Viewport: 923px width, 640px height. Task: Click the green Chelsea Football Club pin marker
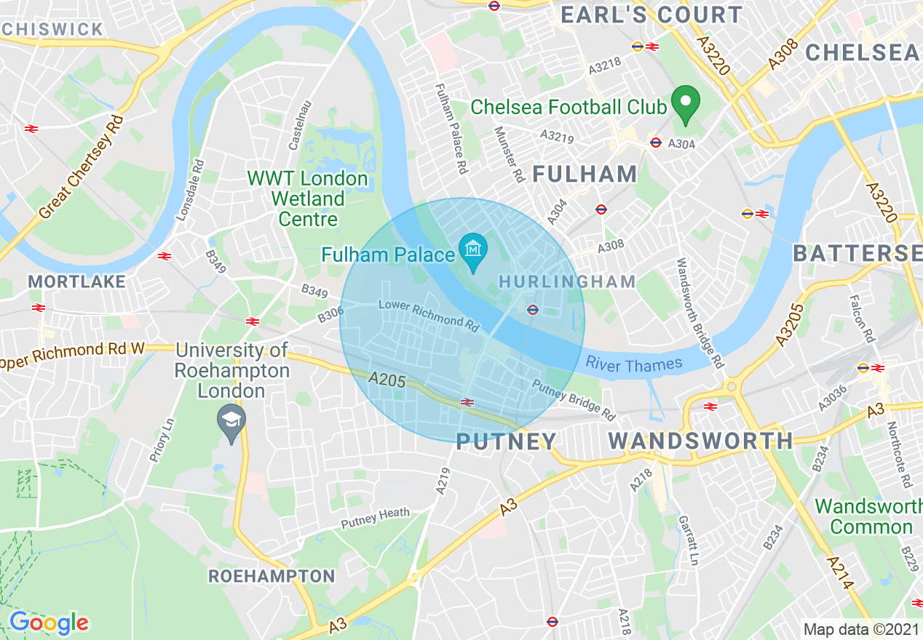pos(685,103)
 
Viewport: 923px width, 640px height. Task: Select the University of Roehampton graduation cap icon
pos(231,421)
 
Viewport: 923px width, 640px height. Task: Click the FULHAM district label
pos(585,174)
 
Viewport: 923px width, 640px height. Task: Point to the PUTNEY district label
pos(506,441)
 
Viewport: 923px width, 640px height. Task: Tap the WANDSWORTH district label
pos(700,441)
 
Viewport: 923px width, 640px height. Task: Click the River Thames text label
pos(634,364)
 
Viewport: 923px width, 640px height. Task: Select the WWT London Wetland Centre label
pos(307,199)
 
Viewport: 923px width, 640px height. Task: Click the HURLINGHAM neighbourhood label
pos(567,281)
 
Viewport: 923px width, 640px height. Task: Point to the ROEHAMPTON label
pos(272,576)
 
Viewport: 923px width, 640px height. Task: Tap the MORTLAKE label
pos(76,281)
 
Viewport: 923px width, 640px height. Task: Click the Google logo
pos(49,623)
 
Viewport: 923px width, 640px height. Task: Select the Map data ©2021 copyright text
pos(861,629)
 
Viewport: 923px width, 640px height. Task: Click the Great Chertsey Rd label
pos(82,167)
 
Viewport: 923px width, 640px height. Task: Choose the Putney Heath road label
pos(376,517)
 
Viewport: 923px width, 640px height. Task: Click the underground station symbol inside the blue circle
pos(532,310)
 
